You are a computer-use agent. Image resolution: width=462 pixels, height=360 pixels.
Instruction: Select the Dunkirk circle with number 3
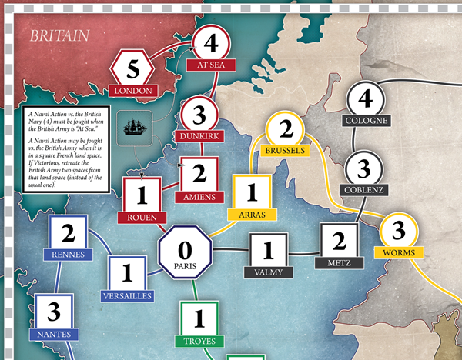click(199, 116)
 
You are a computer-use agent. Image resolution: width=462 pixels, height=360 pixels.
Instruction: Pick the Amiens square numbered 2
click(200, 174)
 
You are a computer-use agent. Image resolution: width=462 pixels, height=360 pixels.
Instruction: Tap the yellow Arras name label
click(252, 215)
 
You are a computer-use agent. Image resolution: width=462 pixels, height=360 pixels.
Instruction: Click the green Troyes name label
click(199, 340)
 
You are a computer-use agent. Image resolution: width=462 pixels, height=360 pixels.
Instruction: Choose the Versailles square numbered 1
click(127, 275)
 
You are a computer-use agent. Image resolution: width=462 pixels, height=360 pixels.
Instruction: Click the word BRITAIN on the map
click(59, 35)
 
